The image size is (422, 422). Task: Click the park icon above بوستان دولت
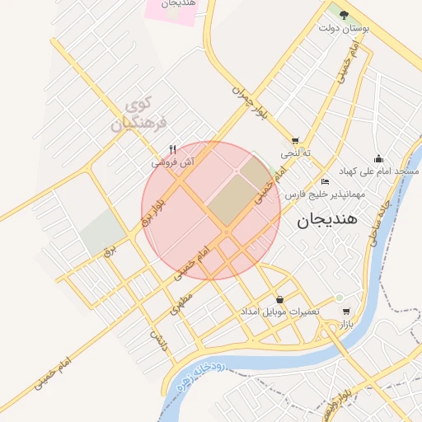338,12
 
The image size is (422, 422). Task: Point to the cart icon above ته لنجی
295,141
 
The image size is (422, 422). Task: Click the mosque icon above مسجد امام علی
378,158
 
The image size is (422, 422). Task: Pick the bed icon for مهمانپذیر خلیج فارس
325,181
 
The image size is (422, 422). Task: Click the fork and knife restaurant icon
172,150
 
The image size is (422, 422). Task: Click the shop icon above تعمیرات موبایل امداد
280,299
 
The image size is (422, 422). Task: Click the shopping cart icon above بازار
345,312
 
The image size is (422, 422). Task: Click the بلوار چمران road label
249,101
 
